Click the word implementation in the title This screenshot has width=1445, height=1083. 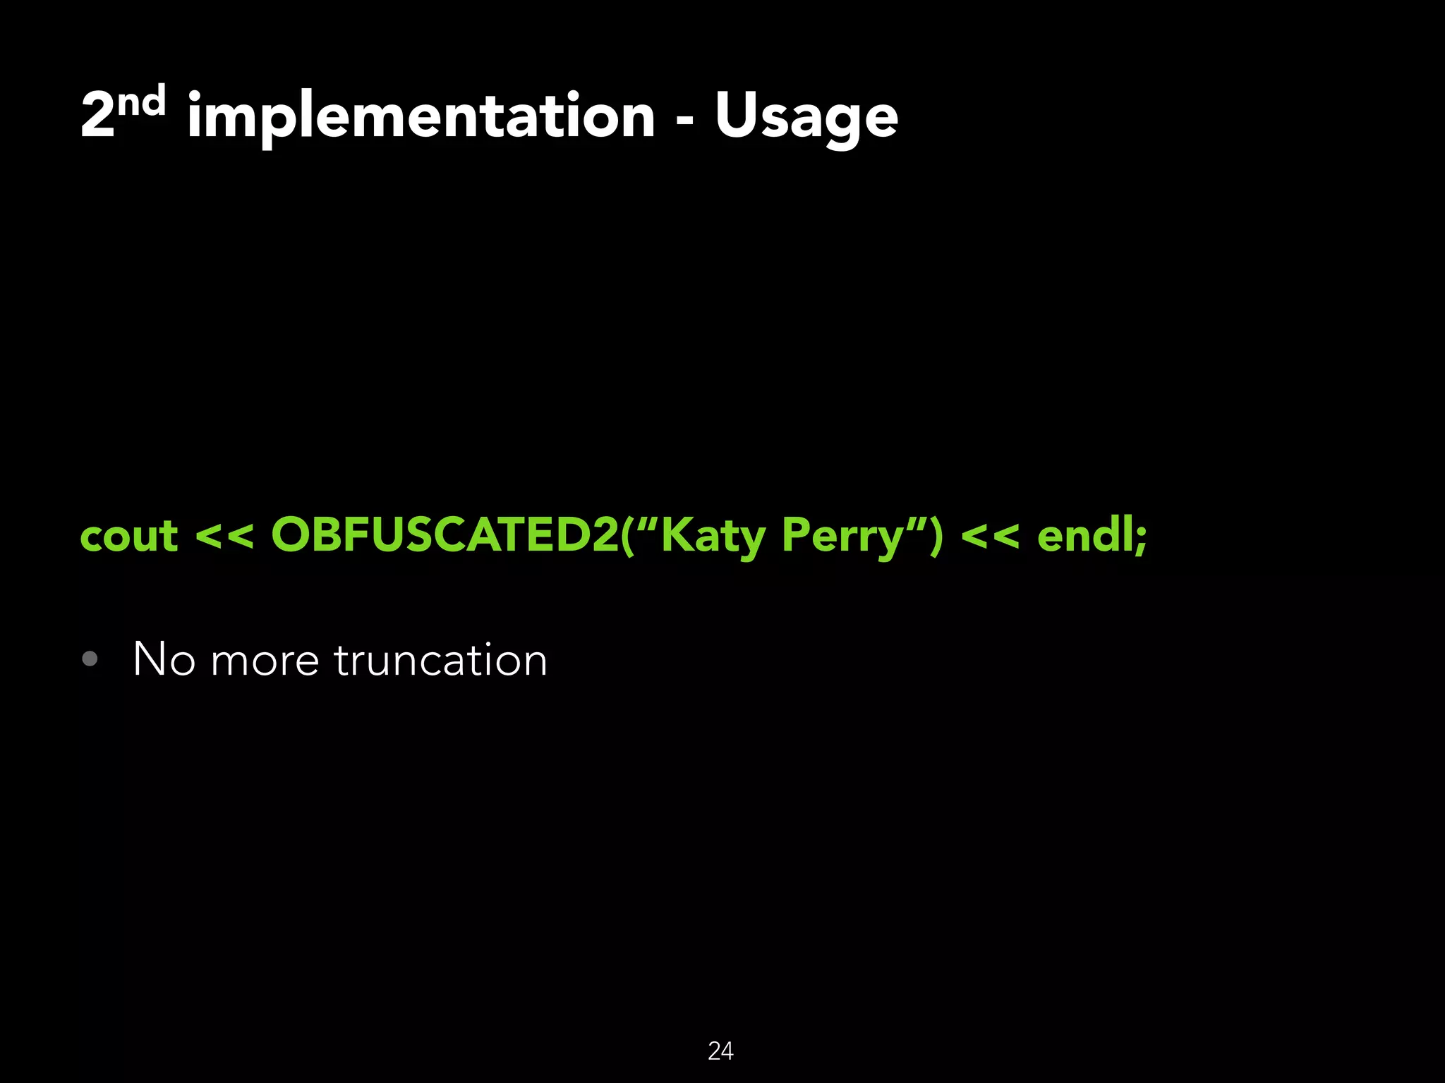pyautogui.click(x=421, y=116)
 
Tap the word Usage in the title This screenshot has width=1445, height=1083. pyautogui.click(x=806, y=116)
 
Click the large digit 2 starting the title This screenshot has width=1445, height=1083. pyautogui.click(x=97, y=116)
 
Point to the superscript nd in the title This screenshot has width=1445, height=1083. pyautogui.click(x=141, y=102)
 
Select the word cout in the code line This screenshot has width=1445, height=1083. pyautogui.click(x=128, y=536)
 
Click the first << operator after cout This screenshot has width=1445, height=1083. pyautogui.click(x=224, y=536)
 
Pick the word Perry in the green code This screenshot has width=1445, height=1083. pyautogui.click(x=842, y=536)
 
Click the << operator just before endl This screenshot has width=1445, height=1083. pyautogui.click(x=990, y=536)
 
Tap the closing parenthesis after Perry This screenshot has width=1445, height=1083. pyautogui.click(x=936, y=536)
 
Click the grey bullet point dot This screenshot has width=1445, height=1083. pyautogui.click(x=90, y=659)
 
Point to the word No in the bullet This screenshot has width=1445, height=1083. pyautogui.click(x=164, y=660)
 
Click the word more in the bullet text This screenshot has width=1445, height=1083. pyautogui.click(x=265, y=661)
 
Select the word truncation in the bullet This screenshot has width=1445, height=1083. pyautogui.click(x=440, y=660)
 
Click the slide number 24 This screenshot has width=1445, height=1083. pyautogui.click(x=720, y=1051)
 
